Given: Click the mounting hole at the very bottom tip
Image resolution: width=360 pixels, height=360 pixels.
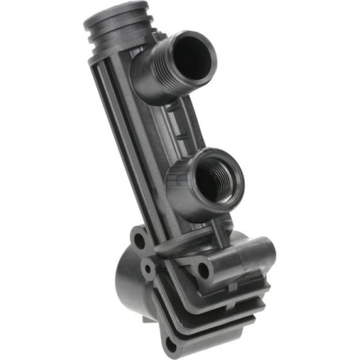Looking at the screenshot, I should tap(170, 345).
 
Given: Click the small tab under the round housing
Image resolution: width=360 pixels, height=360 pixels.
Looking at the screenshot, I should tap(147, 318).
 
